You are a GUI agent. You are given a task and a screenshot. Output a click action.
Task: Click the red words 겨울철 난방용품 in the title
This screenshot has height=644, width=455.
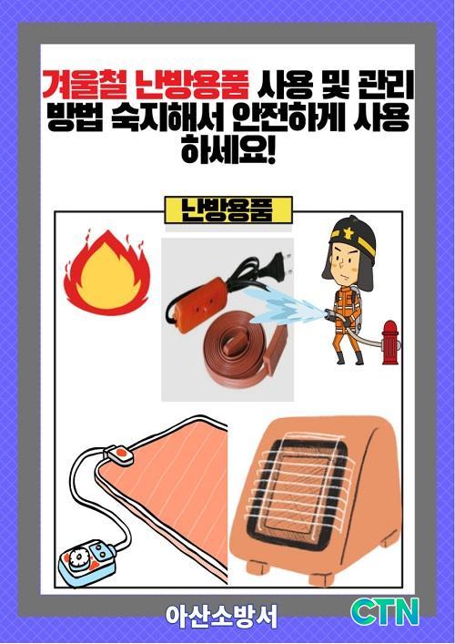pyautogui.click(x=146, y=85)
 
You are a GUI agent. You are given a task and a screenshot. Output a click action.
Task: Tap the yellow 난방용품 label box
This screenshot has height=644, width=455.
pyautogui.click(x=228, y=210)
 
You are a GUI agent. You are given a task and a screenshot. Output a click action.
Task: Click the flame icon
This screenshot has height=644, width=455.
pyautogui.click(x=106, y=271)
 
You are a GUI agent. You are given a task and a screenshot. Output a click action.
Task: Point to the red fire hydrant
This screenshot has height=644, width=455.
pyautogui.click(x=389, y=342)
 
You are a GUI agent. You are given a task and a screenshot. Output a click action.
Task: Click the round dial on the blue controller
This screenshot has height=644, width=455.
pyautogui.click(x=77, y=559)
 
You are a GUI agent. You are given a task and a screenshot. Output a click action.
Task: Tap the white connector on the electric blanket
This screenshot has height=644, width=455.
pyautogui.click(x=119, y=455)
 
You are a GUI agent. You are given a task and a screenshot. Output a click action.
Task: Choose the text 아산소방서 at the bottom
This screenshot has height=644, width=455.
pyautogui.click(x=221, y=616)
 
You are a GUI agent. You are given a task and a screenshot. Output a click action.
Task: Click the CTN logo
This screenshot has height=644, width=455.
pyautogui.click(x=385, y=612)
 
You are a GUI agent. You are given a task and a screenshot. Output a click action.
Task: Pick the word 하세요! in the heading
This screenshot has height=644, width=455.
pyautogui.click(x=228, y=149)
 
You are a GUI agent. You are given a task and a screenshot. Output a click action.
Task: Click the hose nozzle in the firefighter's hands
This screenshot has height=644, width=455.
pyautogui.click(x=330, y=315)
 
